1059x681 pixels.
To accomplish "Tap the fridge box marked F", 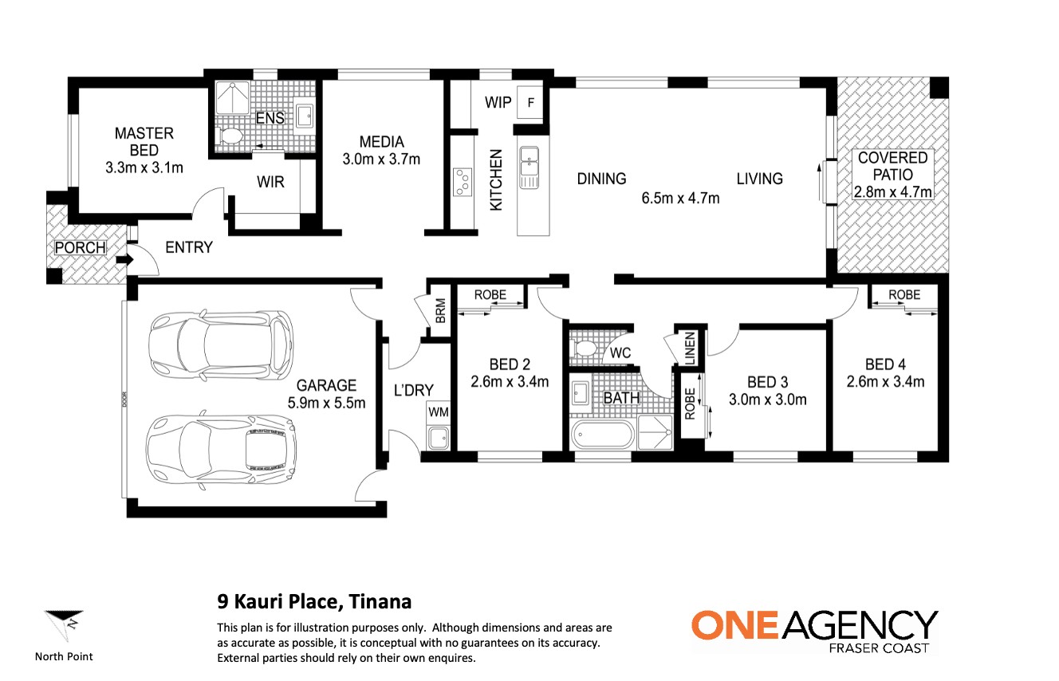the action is [x=530, y=102].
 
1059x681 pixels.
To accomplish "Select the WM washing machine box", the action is [x=439, y=412].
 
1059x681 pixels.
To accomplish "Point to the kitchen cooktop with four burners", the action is [x=462, y=182].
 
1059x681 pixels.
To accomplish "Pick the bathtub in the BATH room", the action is [x=602, y=435].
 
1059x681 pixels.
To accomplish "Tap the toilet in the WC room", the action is [x=584, y=348].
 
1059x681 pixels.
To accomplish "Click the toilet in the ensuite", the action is [x=230, y=136].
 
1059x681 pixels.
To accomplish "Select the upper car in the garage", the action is [x=221, y=344].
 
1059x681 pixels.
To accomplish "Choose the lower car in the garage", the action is [x=221, y=449].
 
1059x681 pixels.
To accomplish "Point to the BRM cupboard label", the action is [x=440, y=310].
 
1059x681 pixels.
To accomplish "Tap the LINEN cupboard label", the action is [x=690, y=348].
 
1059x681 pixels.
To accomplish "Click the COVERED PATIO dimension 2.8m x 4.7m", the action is [x=892, y=192].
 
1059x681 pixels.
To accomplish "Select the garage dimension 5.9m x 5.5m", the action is [x=327, y=403].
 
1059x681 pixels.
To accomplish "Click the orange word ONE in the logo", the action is [x=735, y=624].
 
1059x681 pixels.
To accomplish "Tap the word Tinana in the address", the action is [x=380, y=601].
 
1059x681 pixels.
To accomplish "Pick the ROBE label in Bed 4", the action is [x=904, y=294].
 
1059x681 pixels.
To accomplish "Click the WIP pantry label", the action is [x=498, y=102].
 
